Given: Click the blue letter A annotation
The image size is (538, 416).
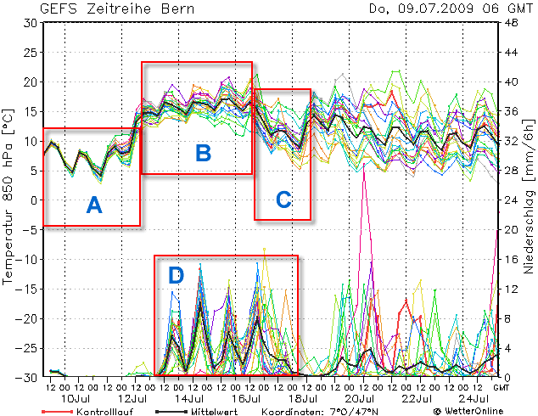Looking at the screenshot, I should (x=94, y=204).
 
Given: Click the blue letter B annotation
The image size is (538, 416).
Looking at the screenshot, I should (x=203, y=153).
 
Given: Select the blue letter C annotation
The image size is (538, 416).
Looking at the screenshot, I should (x=283, y=200).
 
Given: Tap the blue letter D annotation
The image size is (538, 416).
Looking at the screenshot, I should (x=176, y=275).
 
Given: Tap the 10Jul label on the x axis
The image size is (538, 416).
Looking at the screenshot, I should (x=76, y=398).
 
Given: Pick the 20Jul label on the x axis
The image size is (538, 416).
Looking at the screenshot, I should (x=360, y=398).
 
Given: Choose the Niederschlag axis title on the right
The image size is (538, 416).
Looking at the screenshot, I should (x=528, y=200).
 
